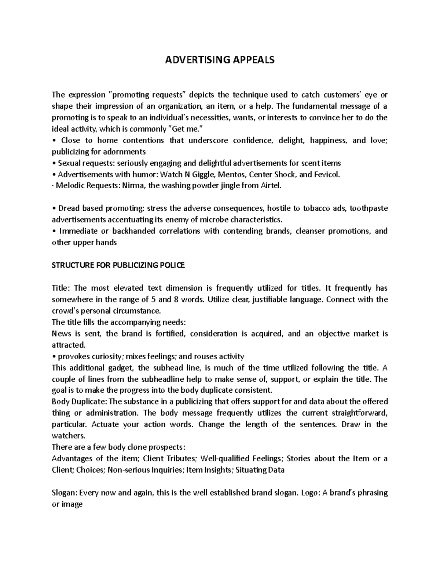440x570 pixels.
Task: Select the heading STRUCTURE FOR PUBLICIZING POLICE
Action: pyautogui.click(x=118, y=265)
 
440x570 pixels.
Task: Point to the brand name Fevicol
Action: pyautogui.click(x=327, y=174)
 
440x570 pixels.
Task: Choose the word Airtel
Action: pyautogui.click(x=271, y=186)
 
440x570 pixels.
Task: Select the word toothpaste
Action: pyautogui.click(x=368, y=208)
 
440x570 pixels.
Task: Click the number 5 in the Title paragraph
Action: pyautogui.click(x=153, y=299)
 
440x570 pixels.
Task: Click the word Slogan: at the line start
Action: pyautogui.click(x=65, y=493)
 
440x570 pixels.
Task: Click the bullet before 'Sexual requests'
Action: pyautogui.click(x=54, y=163)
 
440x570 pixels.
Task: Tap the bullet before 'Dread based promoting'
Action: pyautogui.click(x=54, y=208)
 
